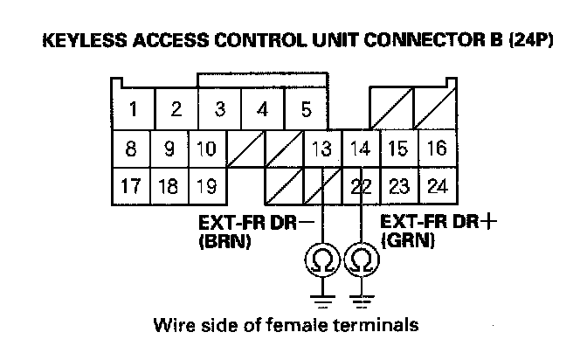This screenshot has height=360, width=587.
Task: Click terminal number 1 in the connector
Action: click(x=133, y=110)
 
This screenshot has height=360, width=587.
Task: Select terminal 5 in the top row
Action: click(x=306, y=110)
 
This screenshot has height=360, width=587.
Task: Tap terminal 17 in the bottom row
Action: click(x=131, y=185)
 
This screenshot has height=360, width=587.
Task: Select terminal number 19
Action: click(x=206, y=185)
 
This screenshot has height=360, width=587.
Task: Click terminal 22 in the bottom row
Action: click(x=361, y=185)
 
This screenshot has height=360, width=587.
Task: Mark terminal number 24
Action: click(x=436, y=185)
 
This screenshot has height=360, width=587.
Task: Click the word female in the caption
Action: click(x=300, y=326)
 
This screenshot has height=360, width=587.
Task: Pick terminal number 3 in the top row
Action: click(x=220, y=110)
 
